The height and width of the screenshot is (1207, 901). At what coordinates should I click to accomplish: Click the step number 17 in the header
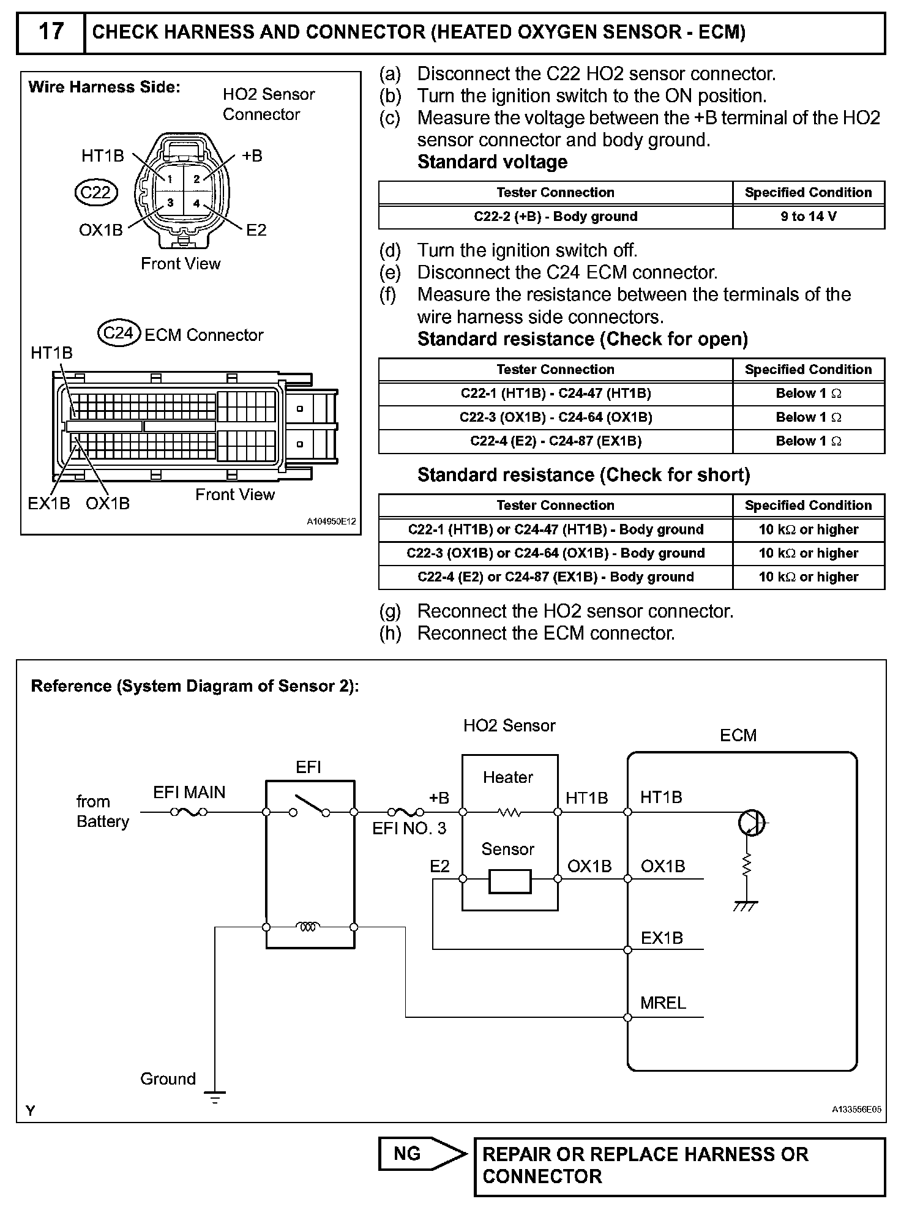tap(51, 31)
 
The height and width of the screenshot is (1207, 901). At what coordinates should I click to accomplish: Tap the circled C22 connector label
tap(95, 193)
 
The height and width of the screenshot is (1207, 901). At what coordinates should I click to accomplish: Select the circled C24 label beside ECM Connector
tap(119, 333)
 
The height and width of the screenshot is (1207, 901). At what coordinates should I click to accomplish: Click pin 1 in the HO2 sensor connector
tap(170, 179)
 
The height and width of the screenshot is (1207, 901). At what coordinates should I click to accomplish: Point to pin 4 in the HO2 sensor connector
tap(196, 204)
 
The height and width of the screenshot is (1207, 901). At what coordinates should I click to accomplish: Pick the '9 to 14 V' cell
tap(808, 217)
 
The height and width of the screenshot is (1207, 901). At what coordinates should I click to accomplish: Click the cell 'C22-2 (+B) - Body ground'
tap(555, 217)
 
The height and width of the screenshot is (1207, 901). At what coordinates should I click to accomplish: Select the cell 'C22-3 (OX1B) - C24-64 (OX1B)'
tap(555, 417)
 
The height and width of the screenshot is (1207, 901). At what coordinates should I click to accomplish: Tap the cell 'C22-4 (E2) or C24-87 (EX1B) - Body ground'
tap(555, 577)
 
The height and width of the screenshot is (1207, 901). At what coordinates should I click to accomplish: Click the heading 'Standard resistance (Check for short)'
tap(583, 475)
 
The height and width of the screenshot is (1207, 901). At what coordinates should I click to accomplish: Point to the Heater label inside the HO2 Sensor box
tap(507, 777)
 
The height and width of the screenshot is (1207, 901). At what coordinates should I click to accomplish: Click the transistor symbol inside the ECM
tap(751, 823)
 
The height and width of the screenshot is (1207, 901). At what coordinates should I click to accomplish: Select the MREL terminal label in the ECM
tap(663, 1003)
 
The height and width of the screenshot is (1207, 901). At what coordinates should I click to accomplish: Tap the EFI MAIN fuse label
tap(189, 793)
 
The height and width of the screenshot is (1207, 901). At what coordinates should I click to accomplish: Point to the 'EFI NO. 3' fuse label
tap(409, 829)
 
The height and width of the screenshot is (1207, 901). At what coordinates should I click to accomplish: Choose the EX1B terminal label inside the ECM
tap(662, 938)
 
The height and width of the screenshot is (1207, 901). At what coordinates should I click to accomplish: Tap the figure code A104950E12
tap(331, 522)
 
